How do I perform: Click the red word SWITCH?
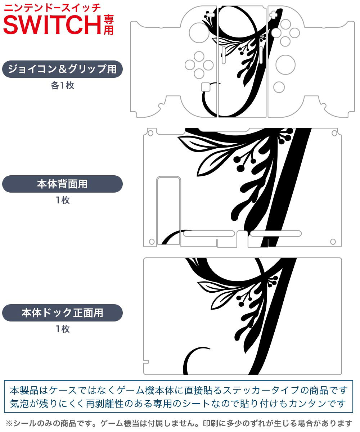click(52, 25)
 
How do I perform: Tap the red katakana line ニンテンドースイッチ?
click(52, 8)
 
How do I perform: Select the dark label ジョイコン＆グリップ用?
click(62, 69)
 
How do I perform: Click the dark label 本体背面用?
click(62, 184)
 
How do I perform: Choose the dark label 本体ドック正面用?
click(62, 312)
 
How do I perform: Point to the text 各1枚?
click(63, 85)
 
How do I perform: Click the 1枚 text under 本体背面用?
click(63, 200)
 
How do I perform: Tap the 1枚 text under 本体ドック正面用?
click(63, 329)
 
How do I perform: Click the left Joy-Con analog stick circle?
click(199, 33)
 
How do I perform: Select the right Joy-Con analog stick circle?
click(285, 65)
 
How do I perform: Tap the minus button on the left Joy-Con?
click(211, 15)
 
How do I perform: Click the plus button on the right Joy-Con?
click(273, 15)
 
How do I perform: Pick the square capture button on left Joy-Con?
click(206, 87)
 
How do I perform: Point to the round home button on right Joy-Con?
click(279, 87)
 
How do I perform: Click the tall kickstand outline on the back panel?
click(168, 211)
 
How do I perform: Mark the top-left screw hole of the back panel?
click(150, 133)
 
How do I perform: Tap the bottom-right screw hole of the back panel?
click(333, 242)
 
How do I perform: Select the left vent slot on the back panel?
click(209, 234)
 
